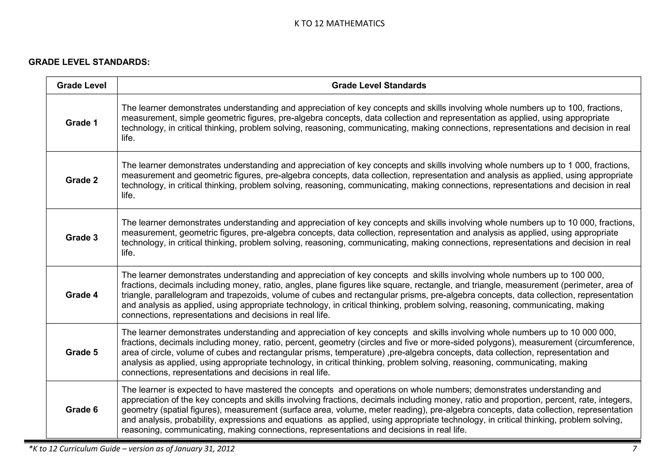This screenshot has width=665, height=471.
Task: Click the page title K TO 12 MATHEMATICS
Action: [339, 23]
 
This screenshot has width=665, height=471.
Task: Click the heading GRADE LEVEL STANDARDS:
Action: [89, 62]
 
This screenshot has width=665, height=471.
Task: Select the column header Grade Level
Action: [82, 85]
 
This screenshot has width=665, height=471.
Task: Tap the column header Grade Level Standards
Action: [379, 85]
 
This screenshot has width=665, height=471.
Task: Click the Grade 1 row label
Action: [82, 123]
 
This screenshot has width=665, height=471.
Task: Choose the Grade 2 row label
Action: [82, 180]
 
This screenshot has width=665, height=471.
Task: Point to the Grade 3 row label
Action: [82, 238]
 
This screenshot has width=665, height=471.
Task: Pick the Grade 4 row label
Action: [82, 295]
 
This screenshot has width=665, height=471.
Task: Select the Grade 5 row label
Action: [82, 352]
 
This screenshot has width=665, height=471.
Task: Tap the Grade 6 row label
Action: [82, 410]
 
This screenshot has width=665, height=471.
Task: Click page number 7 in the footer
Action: [634, 449]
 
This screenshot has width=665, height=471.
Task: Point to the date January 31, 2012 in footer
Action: [204, 449]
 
